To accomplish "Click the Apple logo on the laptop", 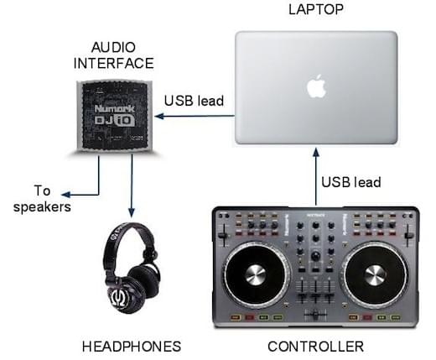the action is (317, 86).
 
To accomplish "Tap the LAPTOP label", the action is (316, 10).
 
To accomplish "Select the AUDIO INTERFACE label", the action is (114, 55).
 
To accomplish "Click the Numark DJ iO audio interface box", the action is (115, 116).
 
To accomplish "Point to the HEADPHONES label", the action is (132, 347).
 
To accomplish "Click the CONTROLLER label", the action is (316, 347).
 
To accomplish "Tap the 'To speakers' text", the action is (42, 199).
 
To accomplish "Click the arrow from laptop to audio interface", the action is (195, 116).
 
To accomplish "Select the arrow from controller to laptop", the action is (316, 177).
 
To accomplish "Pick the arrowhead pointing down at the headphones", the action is (132, 212).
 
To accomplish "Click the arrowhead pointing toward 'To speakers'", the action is (66, 195).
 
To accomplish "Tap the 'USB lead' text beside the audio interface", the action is (194, 101).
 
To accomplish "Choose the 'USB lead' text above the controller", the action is (351, 182).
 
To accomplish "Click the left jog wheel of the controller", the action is (256, 274).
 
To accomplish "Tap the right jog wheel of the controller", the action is (375, 274).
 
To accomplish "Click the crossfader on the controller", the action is (315, 315).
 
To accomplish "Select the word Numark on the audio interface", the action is (114, 108).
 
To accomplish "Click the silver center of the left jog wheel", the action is (256, 274).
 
